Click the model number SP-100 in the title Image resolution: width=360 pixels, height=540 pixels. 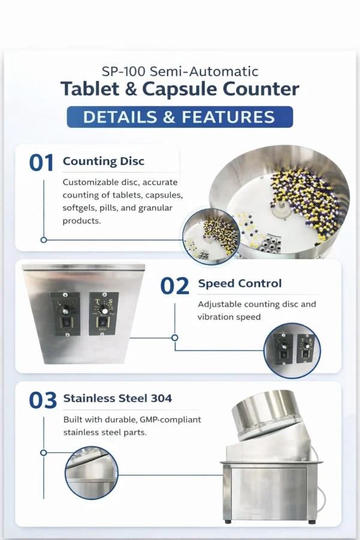pyautogui.click(x=124, y=71)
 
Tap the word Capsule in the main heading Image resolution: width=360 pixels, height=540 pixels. pyautogui.click(x=180, y=89)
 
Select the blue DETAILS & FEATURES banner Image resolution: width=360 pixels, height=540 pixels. pyautogui.click(x=180, y=117)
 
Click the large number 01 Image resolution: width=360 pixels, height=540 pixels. pyautogui.click(x=41, y=163)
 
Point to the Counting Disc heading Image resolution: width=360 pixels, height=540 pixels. pyautogui.click(x=103, y=161)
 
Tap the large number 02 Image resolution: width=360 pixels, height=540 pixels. pyautogui.click(x=175, y=286)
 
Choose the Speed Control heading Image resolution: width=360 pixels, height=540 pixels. pyautogui.click(x=240, y=283)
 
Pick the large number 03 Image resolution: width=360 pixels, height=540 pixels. pyautogui.click(x=43, y=401)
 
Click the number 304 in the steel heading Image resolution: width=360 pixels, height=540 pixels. pyautogui.click(x=161, y=398)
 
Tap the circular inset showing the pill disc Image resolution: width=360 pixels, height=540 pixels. pyautogui.click(x=211, y=236)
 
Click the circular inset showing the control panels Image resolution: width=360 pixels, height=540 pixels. pyautogui.click(x=292, y=350)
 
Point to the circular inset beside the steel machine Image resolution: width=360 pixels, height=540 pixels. pyautogui.click(x=92, y=473)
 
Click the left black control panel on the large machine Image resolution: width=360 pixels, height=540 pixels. pyautogui.click(x=65, y=314)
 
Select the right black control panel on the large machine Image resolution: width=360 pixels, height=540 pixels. pyautogui.click(x=104, y=313)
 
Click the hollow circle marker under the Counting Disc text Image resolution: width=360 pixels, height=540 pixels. pyautogui.click(x=44, y=240)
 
